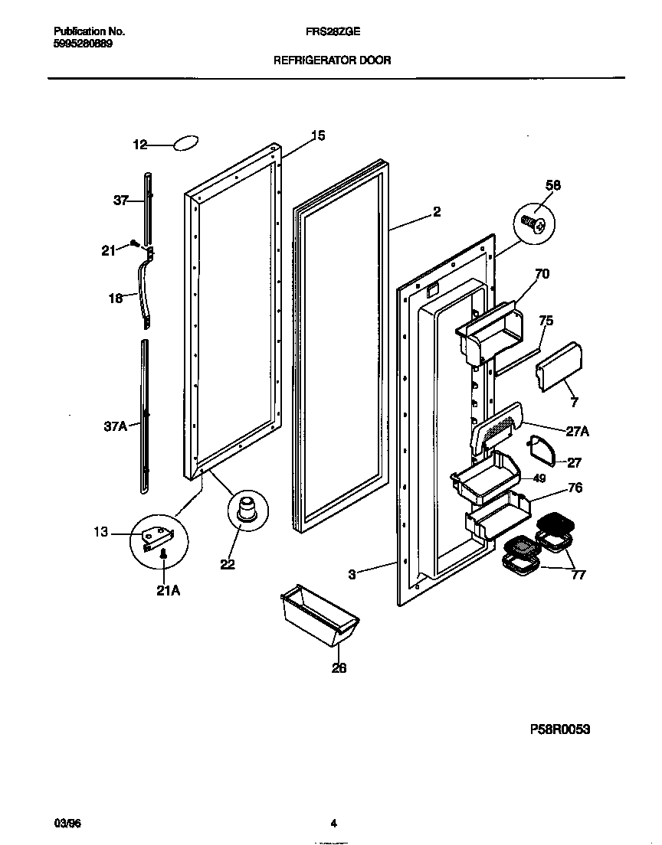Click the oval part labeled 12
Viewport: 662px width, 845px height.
click(186, 144)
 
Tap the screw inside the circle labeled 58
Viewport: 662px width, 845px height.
click(534, 223)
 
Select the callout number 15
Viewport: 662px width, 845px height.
click(317, 135)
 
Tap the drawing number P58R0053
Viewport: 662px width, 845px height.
click(560, 729)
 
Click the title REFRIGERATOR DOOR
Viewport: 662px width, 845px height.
click(333, 60)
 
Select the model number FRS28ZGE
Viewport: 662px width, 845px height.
click(333, 32)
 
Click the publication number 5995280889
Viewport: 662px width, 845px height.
click(84, 44)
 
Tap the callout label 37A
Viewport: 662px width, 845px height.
click(115, 427)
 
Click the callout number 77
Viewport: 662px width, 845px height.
click(578, 574)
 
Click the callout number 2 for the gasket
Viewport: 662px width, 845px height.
click(436, 212)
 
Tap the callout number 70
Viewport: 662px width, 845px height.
click(541, 273)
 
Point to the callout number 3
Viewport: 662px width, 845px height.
click(352, 574)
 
